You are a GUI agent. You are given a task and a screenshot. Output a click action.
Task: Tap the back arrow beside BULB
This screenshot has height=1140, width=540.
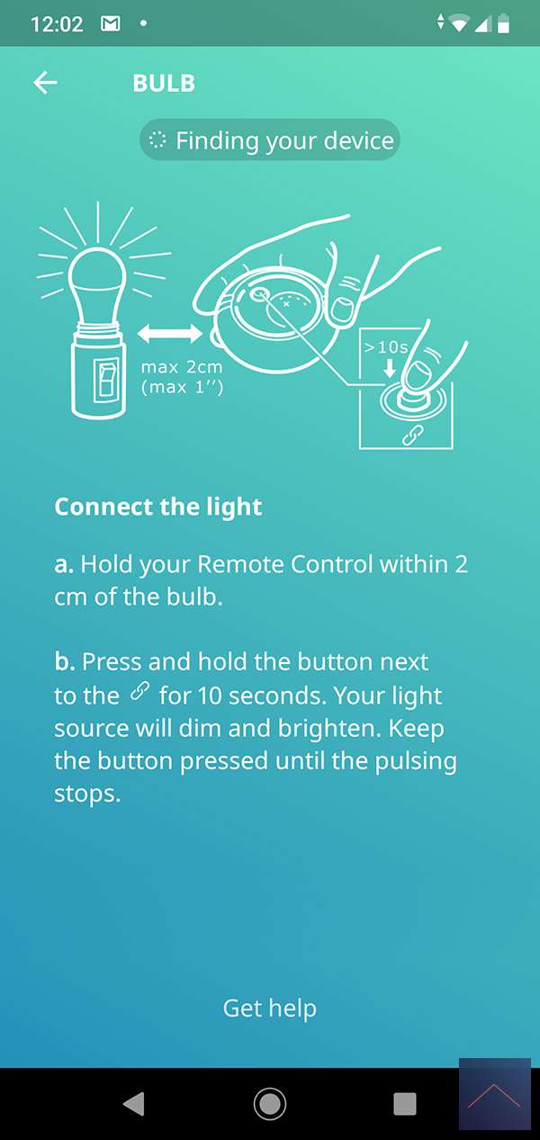point(45,83)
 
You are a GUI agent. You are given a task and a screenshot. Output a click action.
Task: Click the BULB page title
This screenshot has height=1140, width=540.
point(164,84)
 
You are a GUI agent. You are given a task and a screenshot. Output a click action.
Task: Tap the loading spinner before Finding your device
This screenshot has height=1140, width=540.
point(157,140)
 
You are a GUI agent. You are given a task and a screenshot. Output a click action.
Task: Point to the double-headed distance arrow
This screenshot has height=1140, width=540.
point(170,333)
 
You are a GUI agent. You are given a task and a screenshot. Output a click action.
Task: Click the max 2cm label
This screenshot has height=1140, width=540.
point(182,367)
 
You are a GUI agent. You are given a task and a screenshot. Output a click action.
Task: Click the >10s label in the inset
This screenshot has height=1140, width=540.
point(386,347)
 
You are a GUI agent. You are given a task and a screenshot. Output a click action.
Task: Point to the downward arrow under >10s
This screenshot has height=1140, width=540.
point(390,368)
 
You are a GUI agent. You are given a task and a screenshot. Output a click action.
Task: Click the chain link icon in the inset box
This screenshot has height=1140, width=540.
point(413,435)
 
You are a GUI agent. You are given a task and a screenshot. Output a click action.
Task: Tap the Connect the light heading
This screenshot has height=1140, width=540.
point(158,507)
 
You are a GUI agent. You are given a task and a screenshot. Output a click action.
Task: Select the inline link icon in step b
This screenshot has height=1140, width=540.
point(139,692)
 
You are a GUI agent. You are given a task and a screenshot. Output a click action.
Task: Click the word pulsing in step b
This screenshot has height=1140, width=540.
point(416,762)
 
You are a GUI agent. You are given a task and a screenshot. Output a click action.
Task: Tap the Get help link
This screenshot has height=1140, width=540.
point(270,1009)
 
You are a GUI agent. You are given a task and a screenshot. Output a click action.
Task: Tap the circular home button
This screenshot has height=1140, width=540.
point(270,1104)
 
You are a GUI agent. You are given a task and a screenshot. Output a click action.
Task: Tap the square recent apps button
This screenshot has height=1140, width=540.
point(405,1104)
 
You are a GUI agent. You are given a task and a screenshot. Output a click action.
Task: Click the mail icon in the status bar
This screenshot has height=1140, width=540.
point(111,23)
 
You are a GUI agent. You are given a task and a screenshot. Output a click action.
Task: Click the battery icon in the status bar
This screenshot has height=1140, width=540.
point(503,23)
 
